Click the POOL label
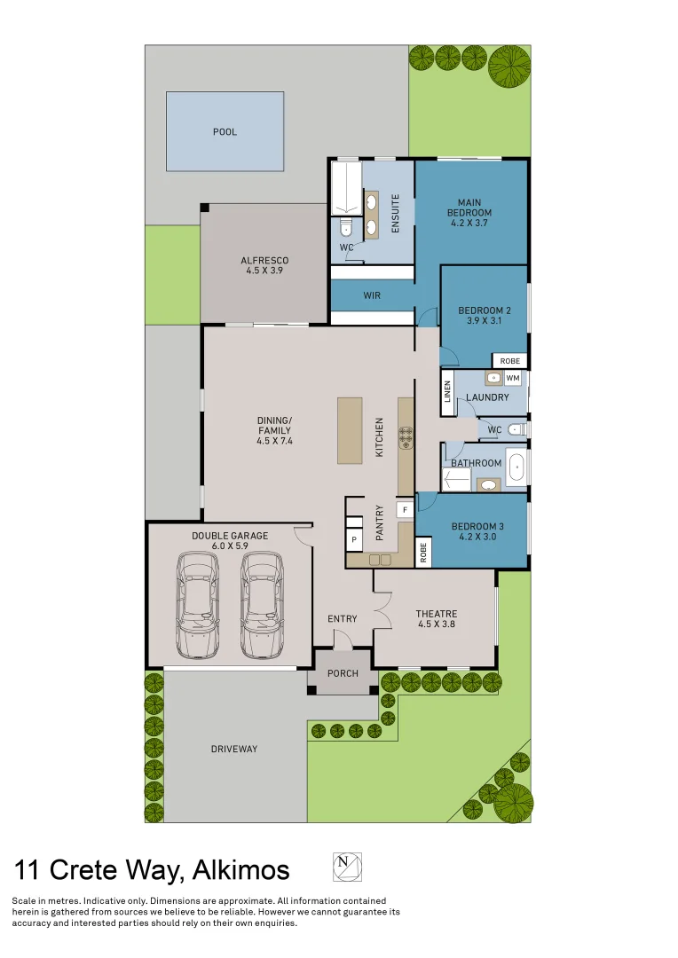pos(225,132)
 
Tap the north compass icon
pos(347,867)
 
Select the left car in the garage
pos(198,606)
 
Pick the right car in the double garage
pos(263,606)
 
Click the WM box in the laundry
pos(513,378)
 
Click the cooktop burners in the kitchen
pos(406,438)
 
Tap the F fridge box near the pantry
pos(405,509)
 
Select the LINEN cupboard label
pos(447,392)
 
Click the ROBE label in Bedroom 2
pos(510,361)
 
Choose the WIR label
pos(372,295)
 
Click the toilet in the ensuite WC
pos(346,229)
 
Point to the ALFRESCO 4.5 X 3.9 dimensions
pos(264,271)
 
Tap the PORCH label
pos(343,673)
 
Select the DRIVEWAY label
pos(234,749)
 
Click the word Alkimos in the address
pos(240,870)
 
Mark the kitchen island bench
pos(350,431)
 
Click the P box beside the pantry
pos(354,540)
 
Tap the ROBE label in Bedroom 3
pos(423,553)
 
